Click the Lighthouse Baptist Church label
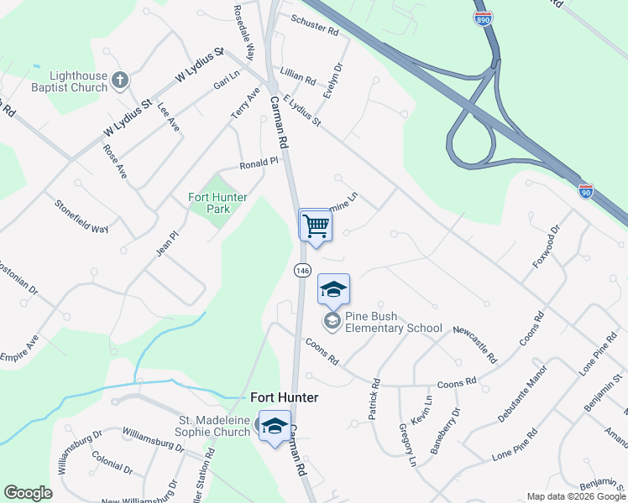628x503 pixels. (x=77, y=81)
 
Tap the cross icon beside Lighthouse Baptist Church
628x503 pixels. (x=120, y=80)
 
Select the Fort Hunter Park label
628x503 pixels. (x=217, y=202)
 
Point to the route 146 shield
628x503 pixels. (x=302, y=271)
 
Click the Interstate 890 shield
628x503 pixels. (x=483, y=19)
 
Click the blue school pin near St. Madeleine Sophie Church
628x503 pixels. (x=275, y=426)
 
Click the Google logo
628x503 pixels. (x=28, y=493)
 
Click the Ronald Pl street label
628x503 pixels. (x=258, y=163)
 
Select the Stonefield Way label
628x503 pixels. (x=81, y=216)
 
